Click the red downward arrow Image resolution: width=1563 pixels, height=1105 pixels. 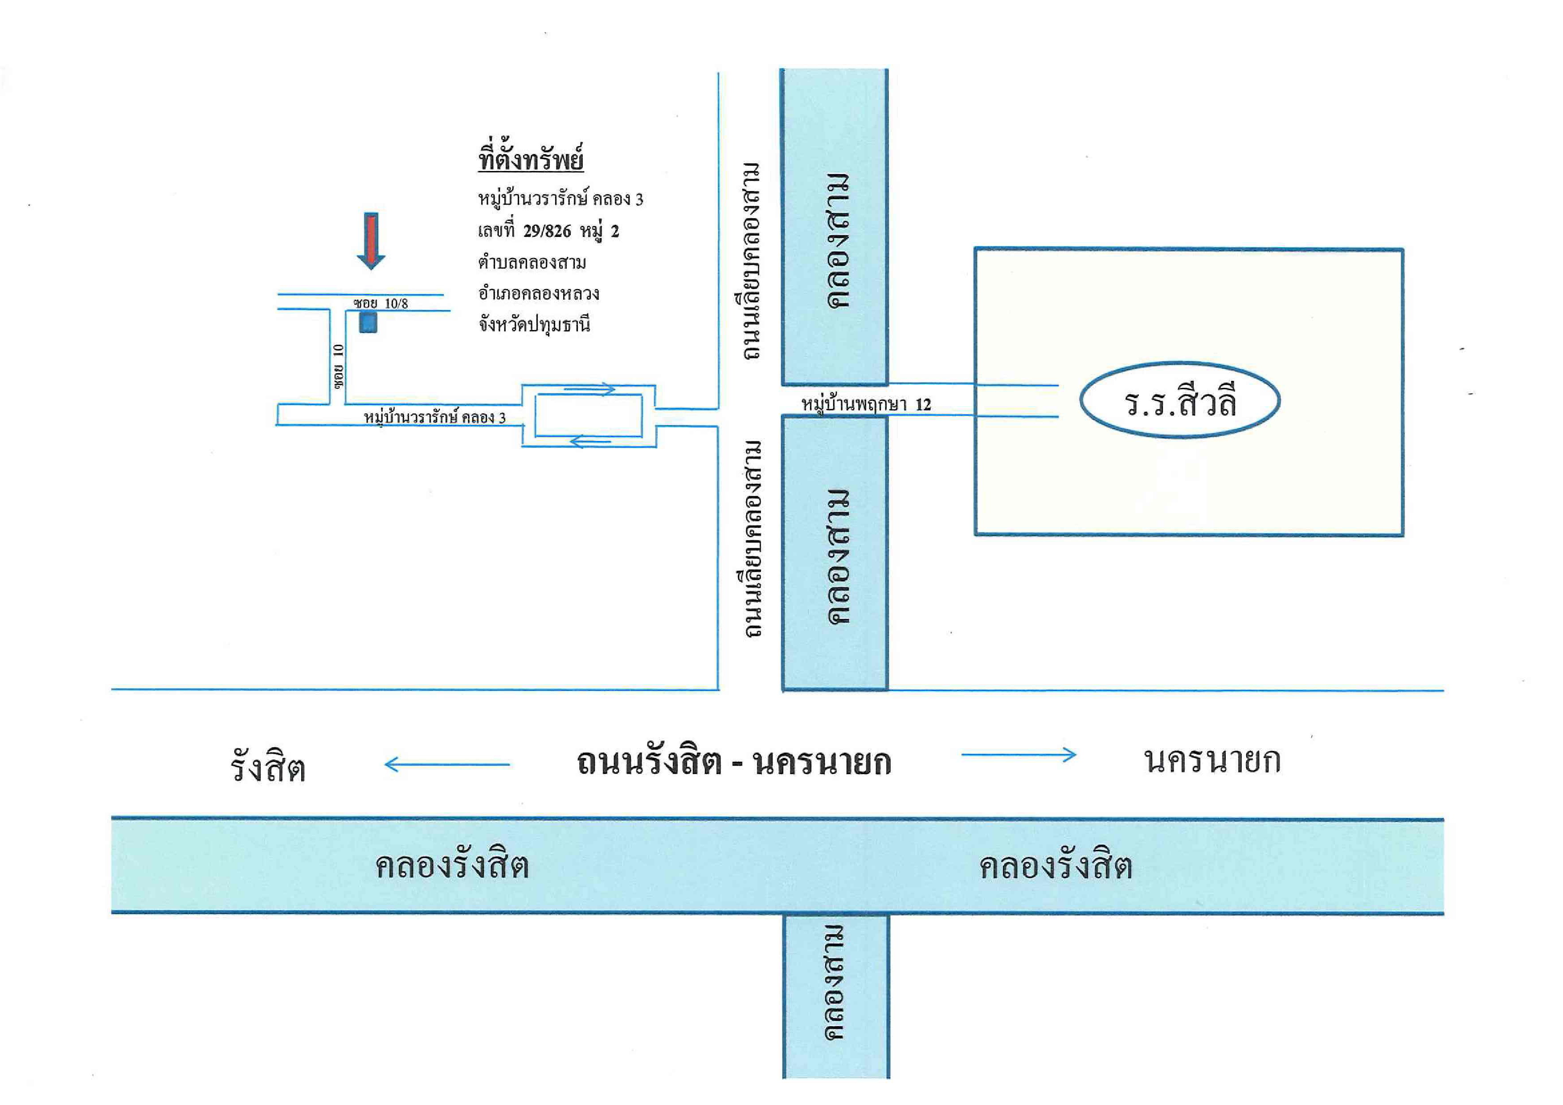[x=371, y=241]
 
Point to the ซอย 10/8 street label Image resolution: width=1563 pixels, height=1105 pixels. [x=381, y=303]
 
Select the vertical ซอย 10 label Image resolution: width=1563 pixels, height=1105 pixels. [x=338, y=366]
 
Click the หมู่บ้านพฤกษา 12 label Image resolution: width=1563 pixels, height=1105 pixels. [x=866, y=404]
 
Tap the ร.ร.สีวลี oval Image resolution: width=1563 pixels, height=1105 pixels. [x=1180, y=400]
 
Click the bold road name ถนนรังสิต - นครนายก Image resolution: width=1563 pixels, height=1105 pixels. [x=734, y=762]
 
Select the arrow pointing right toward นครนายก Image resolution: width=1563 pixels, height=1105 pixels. [x=1019, y=754]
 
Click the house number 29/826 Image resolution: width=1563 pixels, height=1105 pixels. [x=547, y=231]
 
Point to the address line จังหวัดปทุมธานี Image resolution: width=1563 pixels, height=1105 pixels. [x=534, y=325]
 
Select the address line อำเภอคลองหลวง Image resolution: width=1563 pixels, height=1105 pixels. [x=539, y=293]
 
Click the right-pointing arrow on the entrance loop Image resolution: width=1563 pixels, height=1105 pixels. [x=589, y=390]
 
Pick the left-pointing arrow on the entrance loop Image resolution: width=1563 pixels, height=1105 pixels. [x=590, y=441]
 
